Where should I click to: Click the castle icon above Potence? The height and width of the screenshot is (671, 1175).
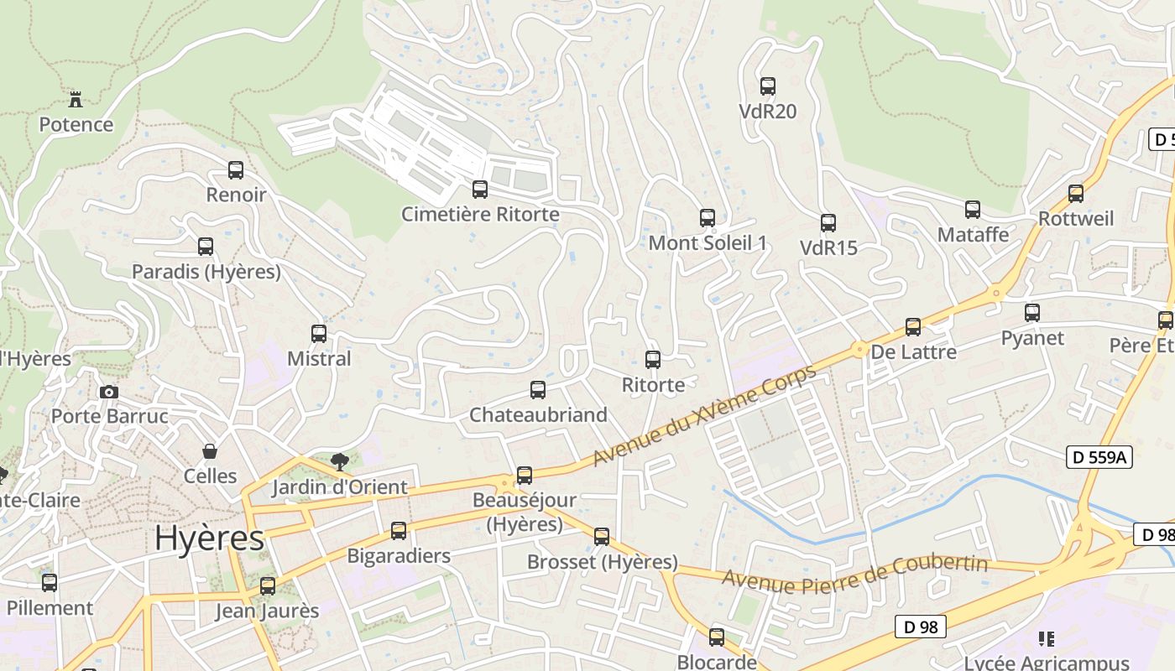pos(76,100)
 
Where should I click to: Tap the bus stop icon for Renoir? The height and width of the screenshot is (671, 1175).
pos(236,170)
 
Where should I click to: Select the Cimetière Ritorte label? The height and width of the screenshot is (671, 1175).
pos(480,214)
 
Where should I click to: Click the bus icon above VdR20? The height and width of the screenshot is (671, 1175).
pos(767,86)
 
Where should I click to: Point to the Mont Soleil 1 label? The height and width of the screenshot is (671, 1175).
pos(708,243)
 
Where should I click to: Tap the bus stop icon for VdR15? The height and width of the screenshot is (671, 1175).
pos(828,223)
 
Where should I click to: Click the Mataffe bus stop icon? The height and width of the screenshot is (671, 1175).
pos(972,210)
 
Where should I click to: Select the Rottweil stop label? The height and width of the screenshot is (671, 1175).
pos(1075,219)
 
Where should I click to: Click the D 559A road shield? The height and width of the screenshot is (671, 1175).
pos(1099,457)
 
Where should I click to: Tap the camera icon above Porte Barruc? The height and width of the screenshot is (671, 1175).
pos(108,392)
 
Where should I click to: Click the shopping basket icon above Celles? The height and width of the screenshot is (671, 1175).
pos(210,451)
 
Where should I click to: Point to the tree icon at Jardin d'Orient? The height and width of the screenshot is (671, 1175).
pos(339,460)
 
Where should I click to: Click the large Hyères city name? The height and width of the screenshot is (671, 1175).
pos(209,538)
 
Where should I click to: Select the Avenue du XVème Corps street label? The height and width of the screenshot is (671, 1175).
pos(704,416)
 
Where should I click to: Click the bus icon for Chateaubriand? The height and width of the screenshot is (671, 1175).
pos(538,390)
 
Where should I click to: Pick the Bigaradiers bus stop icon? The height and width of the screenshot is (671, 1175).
pos(399,531)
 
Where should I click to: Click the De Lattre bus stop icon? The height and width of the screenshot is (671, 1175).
pos(912,327)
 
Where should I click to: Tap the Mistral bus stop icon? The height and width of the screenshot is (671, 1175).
pos(319,334)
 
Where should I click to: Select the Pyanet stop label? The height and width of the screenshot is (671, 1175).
pos(1032,338)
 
